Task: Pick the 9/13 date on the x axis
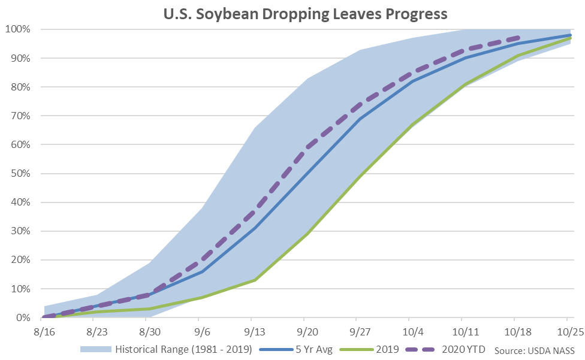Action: coord(252,331)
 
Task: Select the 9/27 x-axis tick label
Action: coord(357,331)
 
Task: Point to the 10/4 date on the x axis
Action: coord(409,331)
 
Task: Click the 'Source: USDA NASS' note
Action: coord(535,350)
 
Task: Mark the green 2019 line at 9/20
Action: coord(304,234)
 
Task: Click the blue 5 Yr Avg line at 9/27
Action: coord(357,119)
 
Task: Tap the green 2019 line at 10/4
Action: coord(409,125)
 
